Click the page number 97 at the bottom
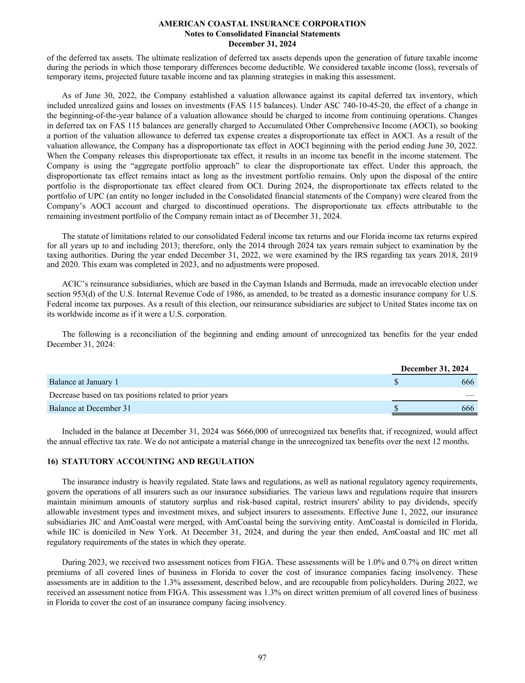[x=262, y=657]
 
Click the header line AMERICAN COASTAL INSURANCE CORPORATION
[x=262, y=24]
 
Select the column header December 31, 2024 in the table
[x=434, y=369]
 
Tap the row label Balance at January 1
[x=84, y=382]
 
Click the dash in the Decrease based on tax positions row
[x=469, y=395]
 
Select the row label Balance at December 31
[x=90, y=408]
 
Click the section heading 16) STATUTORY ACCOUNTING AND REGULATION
[x=150, y=461]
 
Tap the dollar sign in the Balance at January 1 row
[x=396, y=382]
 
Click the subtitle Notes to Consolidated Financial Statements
[x=262, y=34]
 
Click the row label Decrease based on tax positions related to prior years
[x=138, y=395]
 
